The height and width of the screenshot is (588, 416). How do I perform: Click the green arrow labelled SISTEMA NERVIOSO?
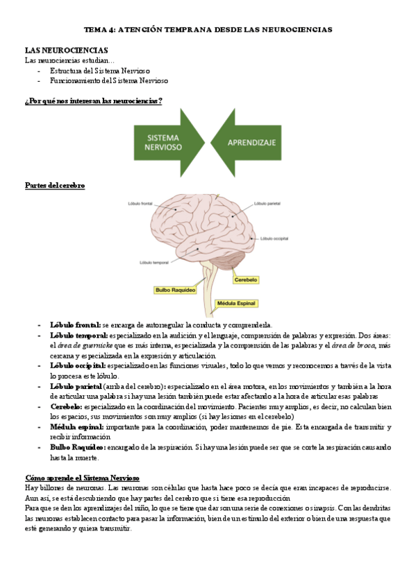pos(163,144)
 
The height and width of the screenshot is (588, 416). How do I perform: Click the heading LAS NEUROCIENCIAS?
pos(66,51)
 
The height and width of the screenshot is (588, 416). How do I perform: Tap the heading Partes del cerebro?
pos(55,185)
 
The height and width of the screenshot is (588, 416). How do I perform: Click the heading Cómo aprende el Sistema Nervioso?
pos(82,478)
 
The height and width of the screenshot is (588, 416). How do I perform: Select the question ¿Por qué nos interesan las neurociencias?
pos(94,101)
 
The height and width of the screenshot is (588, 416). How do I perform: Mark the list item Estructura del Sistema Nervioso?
pos(103,71)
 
